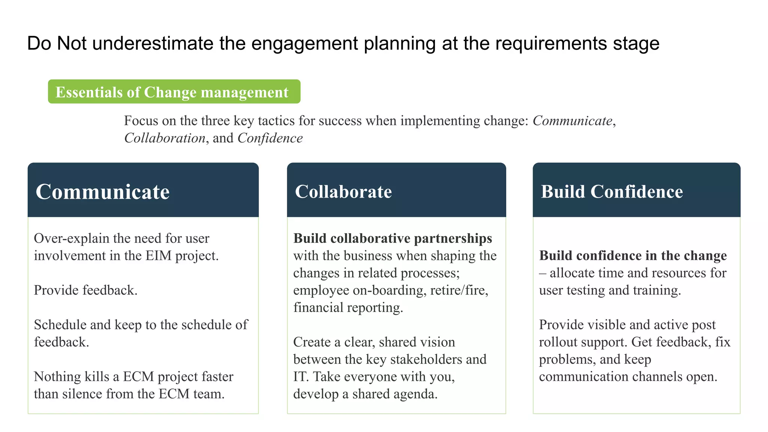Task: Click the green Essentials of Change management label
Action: pyautogui.click(x=174, y=92)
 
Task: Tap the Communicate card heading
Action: pyautogui.click(x=102, y=192)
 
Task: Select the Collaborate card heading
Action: pyautogui.click(x=343, y=192)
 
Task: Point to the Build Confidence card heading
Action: pyautogui.click(x=611, y=192)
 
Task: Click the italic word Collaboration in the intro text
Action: pyautogui.click(x=165, y=138)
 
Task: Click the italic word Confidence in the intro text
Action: pyautogui.click(x=270, y=138)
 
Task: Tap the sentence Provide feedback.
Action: pyautogui.click(x=85, y=290)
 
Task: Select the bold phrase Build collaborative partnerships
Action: pyautogui.click(x=392, y=238)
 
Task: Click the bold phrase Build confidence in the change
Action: pyautogui.click(x=633, y=256)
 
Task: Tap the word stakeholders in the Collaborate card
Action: pyautogui.click(x=426, y=359)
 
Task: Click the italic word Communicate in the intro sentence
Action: pyautogui.click(x=572, y=121)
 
